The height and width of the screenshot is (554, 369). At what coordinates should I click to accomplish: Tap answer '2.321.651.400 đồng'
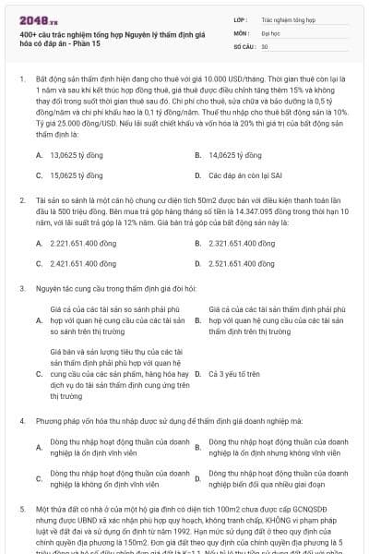coord(242,243)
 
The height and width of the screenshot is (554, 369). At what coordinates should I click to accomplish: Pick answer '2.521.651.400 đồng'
coord(242,261)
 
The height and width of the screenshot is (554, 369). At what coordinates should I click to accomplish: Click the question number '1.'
coord(21,81)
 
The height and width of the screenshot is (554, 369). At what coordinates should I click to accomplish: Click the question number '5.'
coord(21,507)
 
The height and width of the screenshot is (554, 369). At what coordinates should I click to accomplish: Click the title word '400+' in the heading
coord(28,33)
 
